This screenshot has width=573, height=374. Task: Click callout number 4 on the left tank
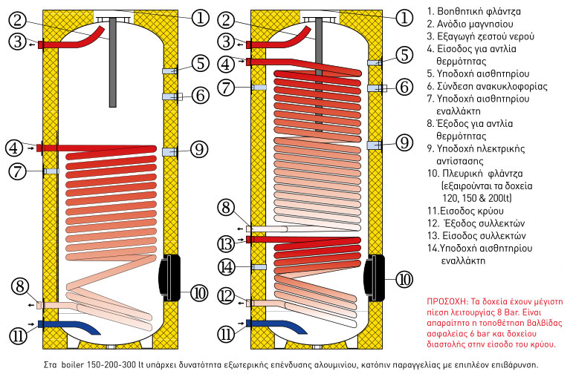point(16,148)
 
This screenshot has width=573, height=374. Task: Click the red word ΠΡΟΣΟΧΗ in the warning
point(447,303)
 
